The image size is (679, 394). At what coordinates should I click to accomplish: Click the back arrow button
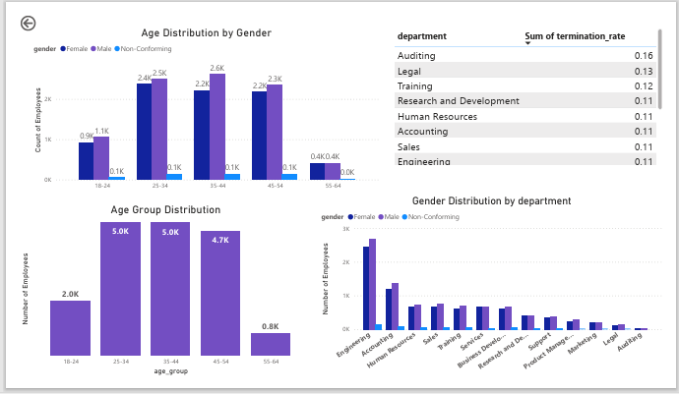(x=28, y=24)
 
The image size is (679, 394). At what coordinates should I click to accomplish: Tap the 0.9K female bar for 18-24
(x=86, y=160)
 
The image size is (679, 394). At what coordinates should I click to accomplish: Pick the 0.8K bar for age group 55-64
(x=271, y=344)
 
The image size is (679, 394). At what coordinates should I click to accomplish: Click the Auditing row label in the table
(x=417, y=56)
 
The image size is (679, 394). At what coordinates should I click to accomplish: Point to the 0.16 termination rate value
(x=644, y=56)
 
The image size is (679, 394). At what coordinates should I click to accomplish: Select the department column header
(x=422, y=36)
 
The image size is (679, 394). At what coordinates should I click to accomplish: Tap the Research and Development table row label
(x=458, y=101)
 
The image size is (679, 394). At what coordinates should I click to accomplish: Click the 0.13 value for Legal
(x=644, y=72)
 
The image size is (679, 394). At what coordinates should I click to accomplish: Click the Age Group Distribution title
(x=165, y=209)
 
